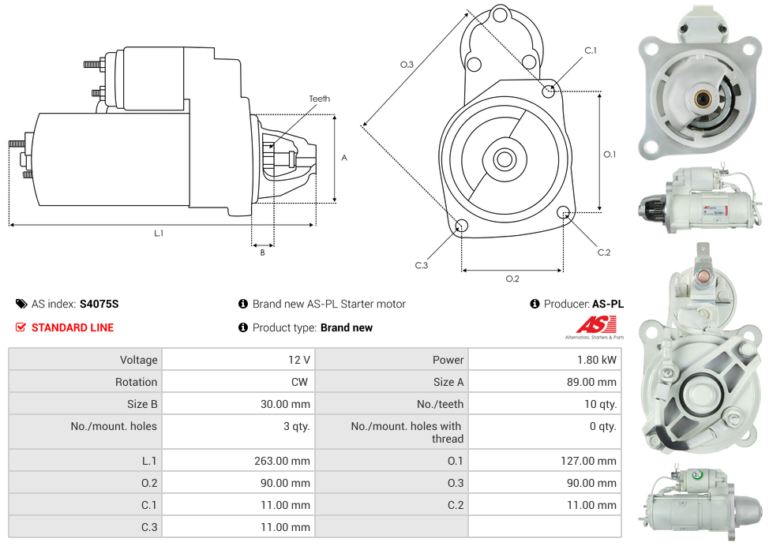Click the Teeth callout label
319,99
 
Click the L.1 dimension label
159,233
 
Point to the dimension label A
344,158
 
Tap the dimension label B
262,252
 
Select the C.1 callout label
590,50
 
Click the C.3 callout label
421,265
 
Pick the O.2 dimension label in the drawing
512,279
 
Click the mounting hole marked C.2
564,212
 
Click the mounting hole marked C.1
549,92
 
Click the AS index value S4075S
99,304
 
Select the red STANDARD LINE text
72,327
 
